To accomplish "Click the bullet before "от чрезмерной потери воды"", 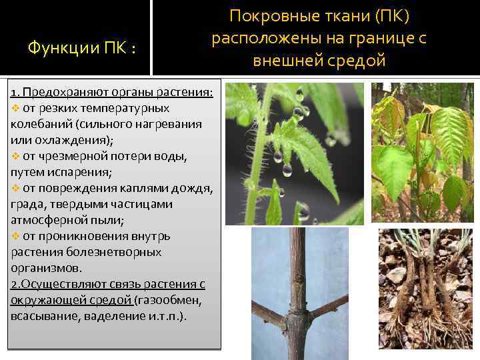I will point(16,156).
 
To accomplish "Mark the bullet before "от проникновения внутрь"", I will point(16,236).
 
